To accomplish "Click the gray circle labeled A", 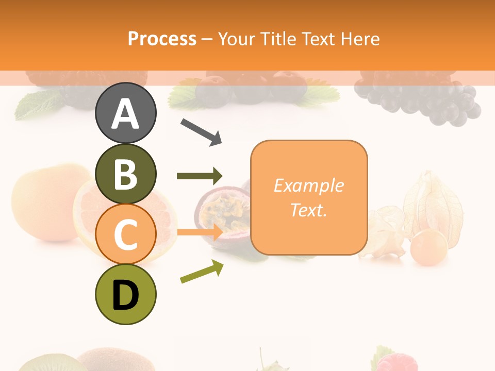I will click(x=125, y=113).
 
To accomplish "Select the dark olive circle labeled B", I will click(x=125, y=174).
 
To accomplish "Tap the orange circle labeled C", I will click(x=125, y=234).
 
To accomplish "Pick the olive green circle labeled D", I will click(x=125, y=294).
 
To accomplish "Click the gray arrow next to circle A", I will click(x=201, y=132).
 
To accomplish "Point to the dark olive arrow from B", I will click(x=200, y=176).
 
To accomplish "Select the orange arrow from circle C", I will click(x=200, y=232).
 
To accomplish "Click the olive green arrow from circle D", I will click(x=202, y=272).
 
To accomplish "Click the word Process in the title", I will click(x=162, y=39).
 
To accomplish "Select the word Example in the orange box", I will click(x=308, y=185).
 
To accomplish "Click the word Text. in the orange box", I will click(x=308, y=210).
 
